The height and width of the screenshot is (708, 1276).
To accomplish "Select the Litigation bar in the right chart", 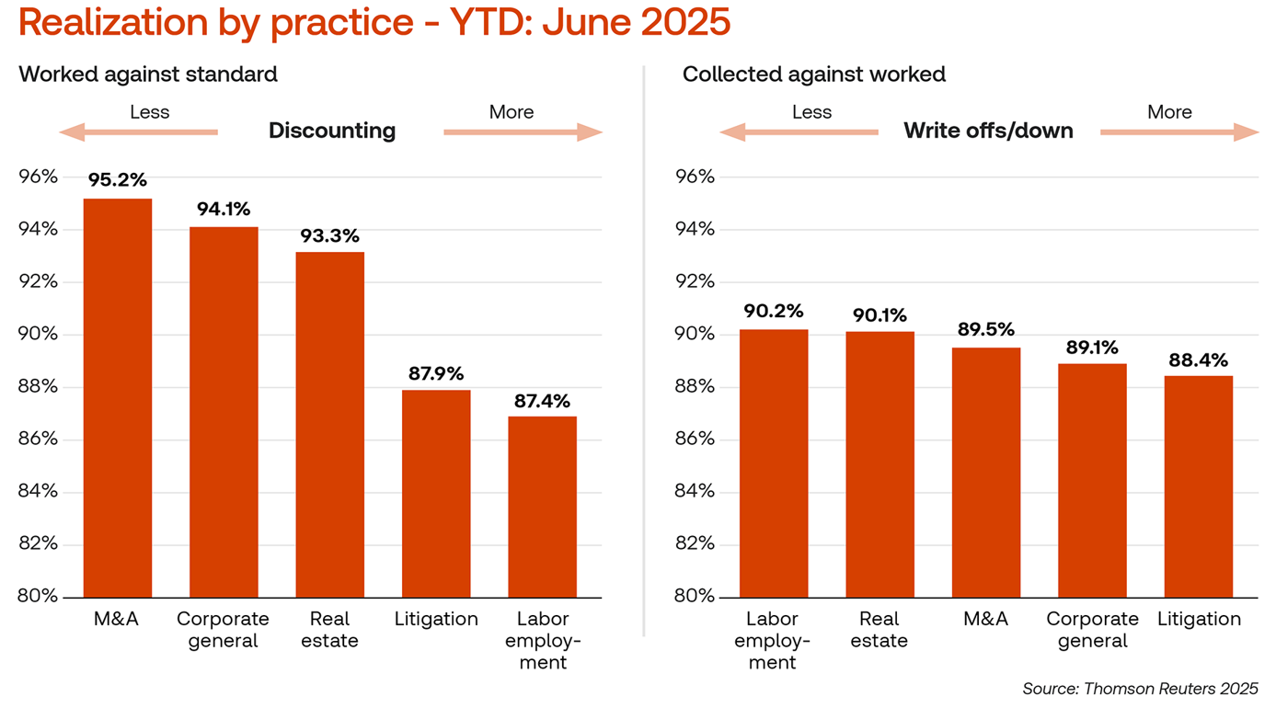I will (1198, 486).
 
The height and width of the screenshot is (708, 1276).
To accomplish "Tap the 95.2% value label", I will (118, 180).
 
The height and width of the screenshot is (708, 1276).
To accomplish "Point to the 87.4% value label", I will (543, 401).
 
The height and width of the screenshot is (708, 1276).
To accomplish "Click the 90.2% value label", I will (774, 311).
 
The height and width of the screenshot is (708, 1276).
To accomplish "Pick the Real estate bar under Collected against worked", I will (879, 464).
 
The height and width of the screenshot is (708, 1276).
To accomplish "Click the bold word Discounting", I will (332, 131).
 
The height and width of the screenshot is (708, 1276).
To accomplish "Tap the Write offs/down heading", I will (988, 131).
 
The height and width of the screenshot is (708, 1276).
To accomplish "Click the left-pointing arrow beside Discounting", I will (138, 132).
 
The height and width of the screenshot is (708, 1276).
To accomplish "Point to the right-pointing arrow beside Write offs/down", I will (1179, 132).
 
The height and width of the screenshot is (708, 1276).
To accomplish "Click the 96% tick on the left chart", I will (39, 177).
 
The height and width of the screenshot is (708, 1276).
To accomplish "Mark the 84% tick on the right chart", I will (695, 491).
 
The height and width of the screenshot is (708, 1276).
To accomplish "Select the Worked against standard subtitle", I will (148, 74).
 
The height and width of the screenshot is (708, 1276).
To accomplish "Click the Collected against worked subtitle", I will (813, 74).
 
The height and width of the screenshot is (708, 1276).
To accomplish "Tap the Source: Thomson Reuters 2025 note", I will (1140, 688).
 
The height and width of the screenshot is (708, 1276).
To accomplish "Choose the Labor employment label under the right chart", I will (773, 640).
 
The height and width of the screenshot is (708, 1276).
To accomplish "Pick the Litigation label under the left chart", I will (436, 619).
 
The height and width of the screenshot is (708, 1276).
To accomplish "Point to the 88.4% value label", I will (1198, 360).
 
